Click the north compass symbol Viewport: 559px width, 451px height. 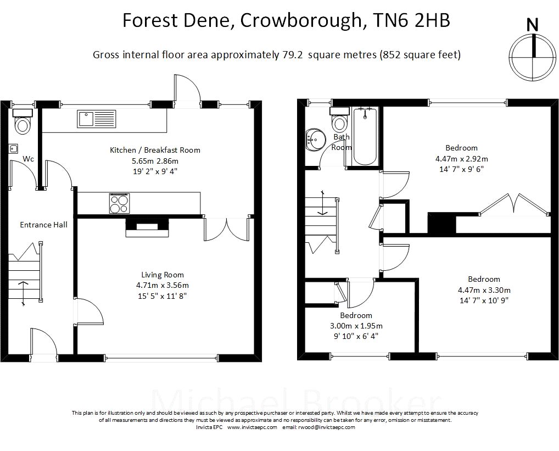coord(533,57)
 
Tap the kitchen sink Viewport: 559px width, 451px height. coord(97,119)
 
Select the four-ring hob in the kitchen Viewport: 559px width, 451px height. coord(119,203)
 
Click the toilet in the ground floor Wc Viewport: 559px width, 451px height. coord(23,121)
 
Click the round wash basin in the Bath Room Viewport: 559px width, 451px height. coord(316,140)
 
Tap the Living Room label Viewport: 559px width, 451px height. coord(163,275)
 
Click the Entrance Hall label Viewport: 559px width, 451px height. coord(43,225)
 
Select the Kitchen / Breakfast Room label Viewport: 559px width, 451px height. coord(155,150)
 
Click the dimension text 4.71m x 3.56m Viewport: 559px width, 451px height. coord(163,285)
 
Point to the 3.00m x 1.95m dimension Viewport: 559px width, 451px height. coord(356,326)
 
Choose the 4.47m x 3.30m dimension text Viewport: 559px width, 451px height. coord(484,290)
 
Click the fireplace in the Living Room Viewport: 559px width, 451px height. coord(147,227)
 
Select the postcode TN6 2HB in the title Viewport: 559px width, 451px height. coord(411,20)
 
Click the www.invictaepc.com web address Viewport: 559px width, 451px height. coord(252,427)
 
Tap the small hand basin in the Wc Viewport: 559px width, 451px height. coord(14,148)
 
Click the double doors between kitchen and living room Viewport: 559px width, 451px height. coord(227,230)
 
